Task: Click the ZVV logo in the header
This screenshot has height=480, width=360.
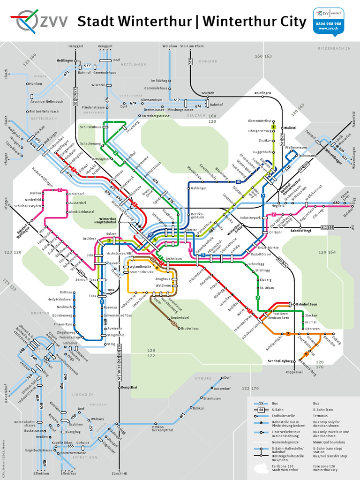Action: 39,21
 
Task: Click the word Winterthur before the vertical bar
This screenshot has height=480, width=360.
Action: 134,22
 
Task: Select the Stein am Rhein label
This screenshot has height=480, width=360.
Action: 192,46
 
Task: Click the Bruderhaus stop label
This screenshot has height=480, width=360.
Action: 190,329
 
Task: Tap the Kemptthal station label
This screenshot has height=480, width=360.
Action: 128,388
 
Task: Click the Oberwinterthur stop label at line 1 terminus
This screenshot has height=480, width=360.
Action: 259,121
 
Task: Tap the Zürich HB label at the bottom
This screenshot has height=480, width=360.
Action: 120,473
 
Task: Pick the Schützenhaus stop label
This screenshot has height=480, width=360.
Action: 90,127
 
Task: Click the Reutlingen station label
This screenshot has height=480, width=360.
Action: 263,93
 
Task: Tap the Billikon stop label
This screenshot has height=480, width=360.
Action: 198,408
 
